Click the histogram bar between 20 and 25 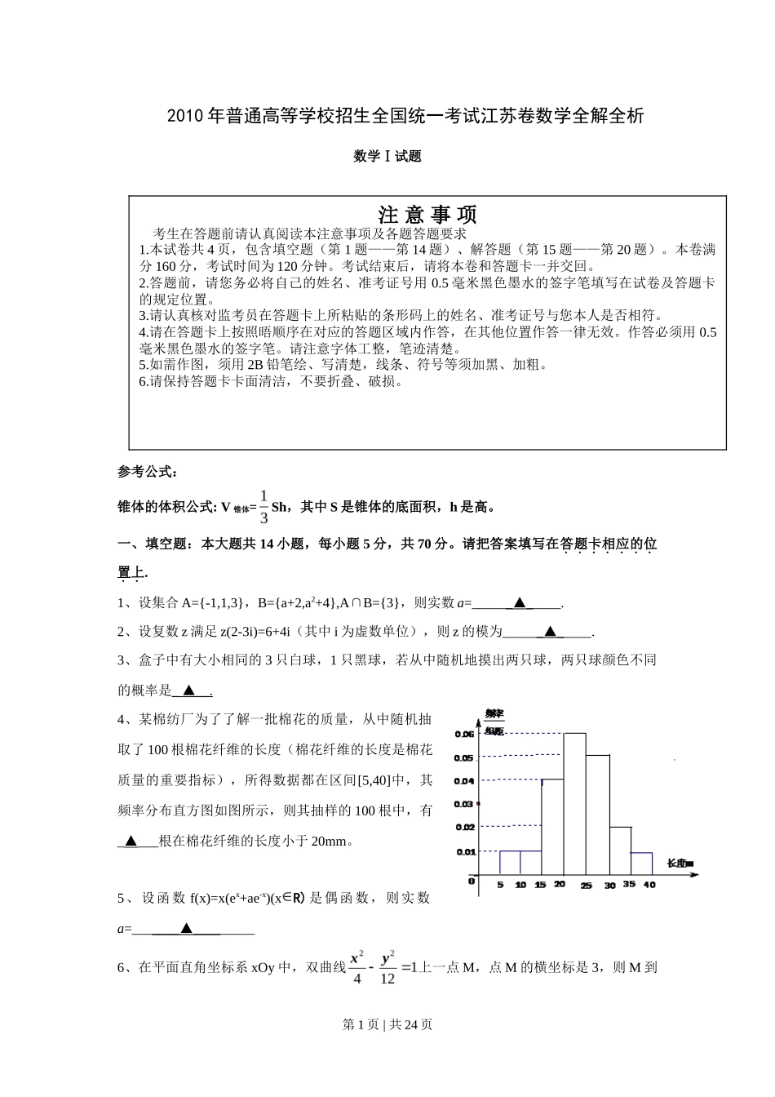(574, 804)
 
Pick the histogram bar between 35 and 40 (641, 864)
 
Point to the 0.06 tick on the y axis (464, 735)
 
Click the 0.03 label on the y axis (464, 804)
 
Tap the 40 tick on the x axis (649, 885)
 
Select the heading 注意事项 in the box (427, 215)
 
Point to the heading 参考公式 (148, 472)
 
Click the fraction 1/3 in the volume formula (263, 507)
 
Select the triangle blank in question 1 (519, 603)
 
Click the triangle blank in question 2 (550, 631)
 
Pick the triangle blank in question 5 (186, 928)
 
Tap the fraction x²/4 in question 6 (356, 968)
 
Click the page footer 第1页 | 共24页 (387, 1025)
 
